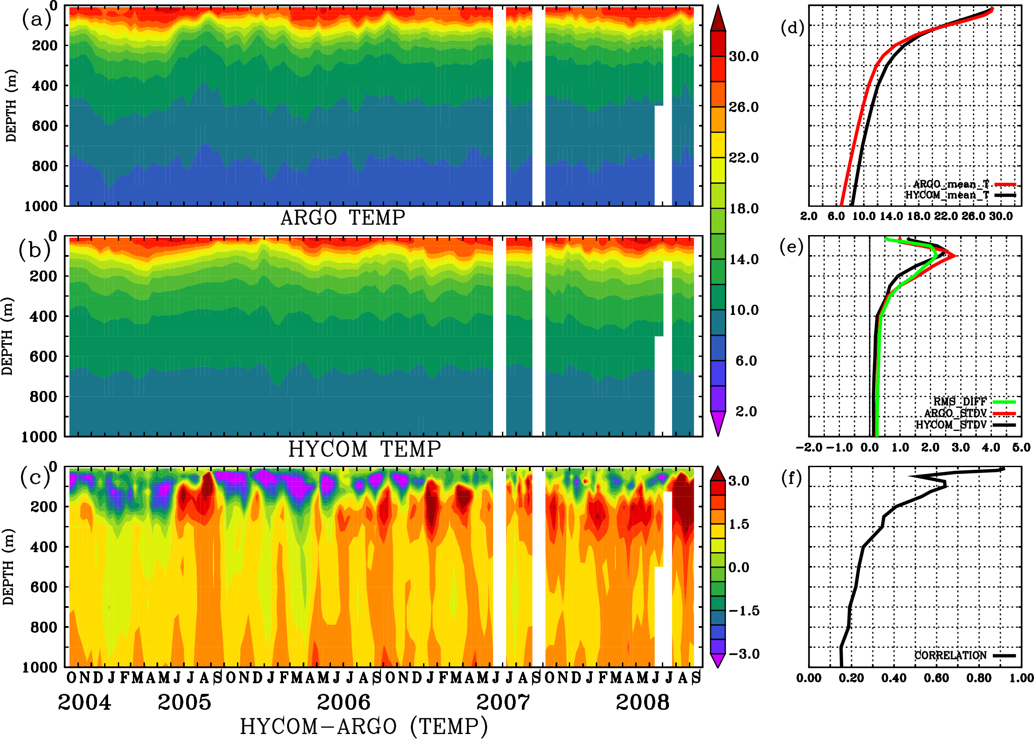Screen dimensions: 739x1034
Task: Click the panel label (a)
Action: pyautogui.click(x=35, y=19)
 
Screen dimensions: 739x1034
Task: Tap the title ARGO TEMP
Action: pyautogui.click(x=342, y=217)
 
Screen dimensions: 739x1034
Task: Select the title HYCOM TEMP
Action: pyautogui.click(x=364, y=449)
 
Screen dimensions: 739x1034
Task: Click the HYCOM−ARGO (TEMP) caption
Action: pyautogui.click(x=363, y=726)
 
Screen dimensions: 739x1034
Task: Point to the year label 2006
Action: pyautogui.click(x=343, y=702)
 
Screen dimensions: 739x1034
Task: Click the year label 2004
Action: pyautogui.click(x=84, y=702)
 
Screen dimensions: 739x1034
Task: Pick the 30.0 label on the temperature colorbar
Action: pyautogui.click(x=743, y=56)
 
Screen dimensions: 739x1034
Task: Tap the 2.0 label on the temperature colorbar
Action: pyautogui.click(x=746, y=411)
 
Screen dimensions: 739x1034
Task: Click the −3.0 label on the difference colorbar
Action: pyautogui.click(x=744, y=654)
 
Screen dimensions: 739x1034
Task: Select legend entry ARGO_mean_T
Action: pyautogui.click(x=951, y=184)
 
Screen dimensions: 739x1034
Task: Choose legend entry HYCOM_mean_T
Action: pyautogui.click(x=947, y=195)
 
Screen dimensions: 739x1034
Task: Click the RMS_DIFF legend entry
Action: pyautogui.click(x=960, y=402)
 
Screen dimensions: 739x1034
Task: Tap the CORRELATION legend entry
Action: pyautogui.click(x=951, y=655)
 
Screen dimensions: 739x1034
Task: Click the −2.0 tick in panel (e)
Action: pyautogui.click(x=809, y=448)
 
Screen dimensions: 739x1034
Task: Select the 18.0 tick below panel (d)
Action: pyautogui.click(x=918, y=216)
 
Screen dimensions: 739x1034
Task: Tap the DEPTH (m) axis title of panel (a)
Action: pyautogui.click(x=12, y=105)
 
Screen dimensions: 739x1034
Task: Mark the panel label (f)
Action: pyautogui.click(x=791, y=478)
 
